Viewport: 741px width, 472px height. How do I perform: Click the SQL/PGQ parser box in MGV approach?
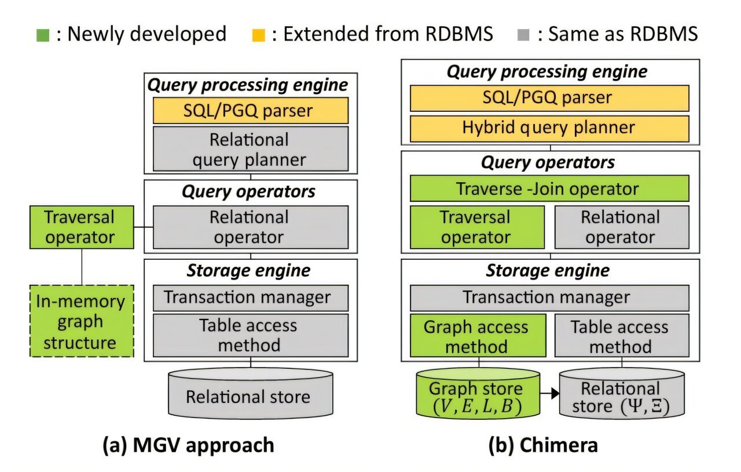[251, 110]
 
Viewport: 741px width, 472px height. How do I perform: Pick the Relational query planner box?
[251, 149]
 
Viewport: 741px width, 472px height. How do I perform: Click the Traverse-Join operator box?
[549, 189]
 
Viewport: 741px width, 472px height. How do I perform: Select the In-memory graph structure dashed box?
[81, 321]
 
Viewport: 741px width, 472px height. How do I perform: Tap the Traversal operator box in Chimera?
[477, 227]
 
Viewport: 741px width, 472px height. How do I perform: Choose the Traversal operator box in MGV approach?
[81, 227]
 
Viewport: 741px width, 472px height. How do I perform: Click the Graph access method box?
[477, 337]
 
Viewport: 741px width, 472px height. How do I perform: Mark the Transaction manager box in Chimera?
[549, 297]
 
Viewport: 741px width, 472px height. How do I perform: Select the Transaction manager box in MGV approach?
[251, 297]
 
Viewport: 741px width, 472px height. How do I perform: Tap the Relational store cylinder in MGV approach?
[250, 397]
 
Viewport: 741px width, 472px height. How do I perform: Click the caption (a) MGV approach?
[188, 445]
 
